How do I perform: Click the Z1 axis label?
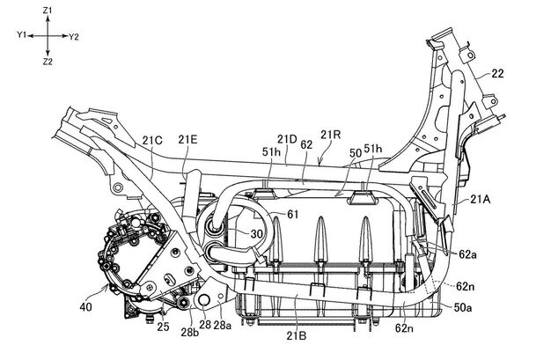[48, 11]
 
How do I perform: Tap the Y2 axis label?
[74, 37]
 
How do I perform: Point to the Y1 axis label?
[22, 35]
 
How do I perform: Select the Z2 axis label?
[48, 62]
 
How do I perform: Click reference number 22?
[497, 74]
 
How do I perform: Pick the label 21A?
[481, 199]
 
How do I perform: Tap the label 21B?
[296, 335]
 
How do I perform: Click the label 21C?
[152, 141]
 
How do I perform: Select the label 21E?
[187, 139]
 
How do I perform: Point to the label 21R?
[331, 135]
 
